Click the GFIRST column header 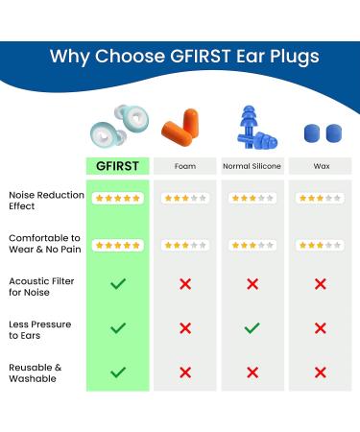(118, 166)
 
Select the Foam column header (185, 166)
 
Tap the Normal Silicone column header (252, 166)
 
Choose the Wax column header (321, 166)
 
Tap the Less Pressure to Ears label (39, 329)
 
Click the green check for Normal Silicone (252, 328)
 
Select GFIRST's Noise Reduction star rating (118, 199)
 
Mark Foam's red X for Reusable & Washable (185, 372)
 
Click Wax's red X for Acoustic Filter (321, 284)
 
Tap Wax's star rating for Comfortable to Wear (321, 245)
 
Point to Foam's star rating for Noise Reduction (185, 199)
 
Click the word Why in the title (70, 56)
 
